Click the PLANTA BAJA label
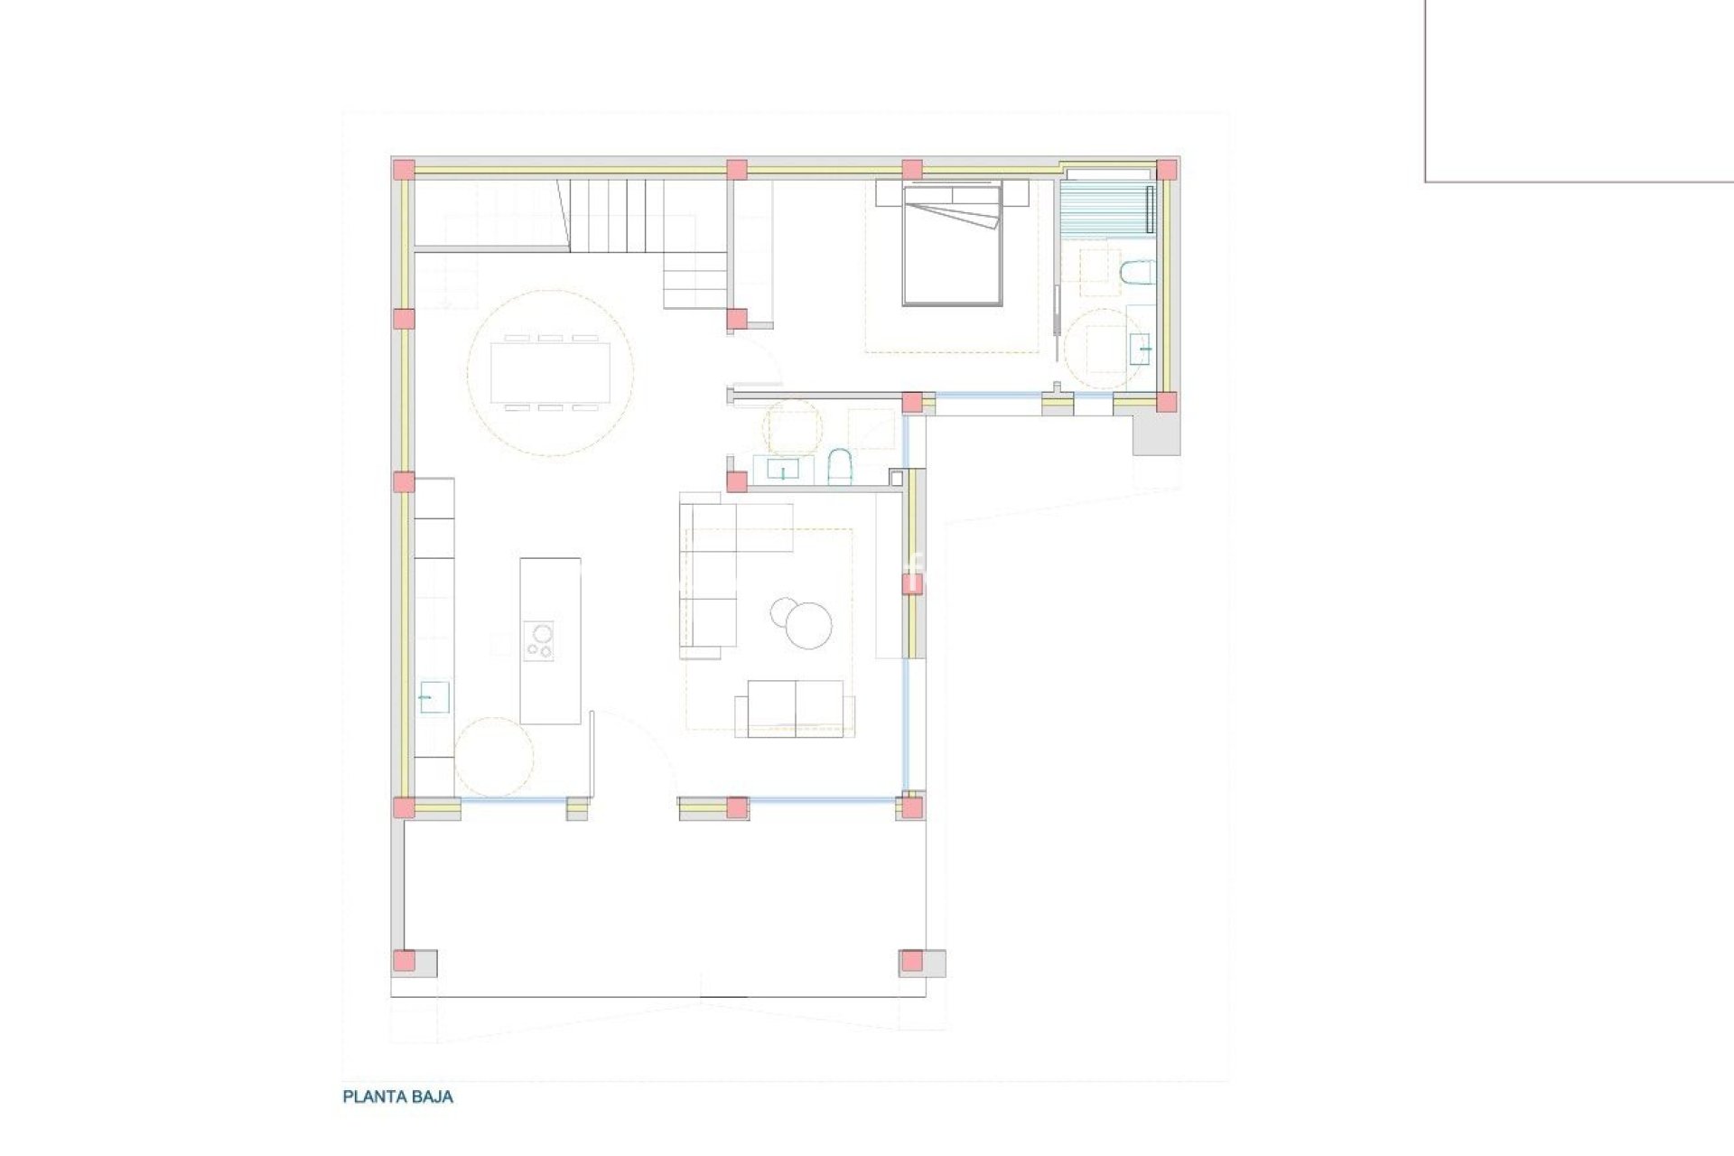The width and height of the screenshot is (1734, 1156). pyautogui.click(x=397, y=1097)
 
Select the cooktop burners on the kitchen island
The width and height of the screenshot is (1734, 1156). pyautogui.click(x=540, y=640)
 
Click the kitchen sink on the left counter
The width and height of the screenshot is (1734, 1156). pyautogui.click(x=433, y=697)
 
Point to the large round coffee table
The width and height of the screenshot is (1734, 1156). pyautogui.click(x=810, y=626)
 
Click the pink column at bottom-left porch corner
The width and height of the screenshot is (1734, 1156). pyautogui.click(x=405, y=960)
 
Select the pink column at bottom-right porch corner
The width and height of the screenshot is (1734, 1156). pyautogui.click(x=912, y=960)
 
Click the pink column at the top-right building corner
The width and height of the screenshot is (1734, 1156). pyautogui.click(x=1167, y=170)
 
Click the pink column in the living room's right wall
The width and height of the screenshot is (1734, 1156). pyautogui.click(x=912, y=585)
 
